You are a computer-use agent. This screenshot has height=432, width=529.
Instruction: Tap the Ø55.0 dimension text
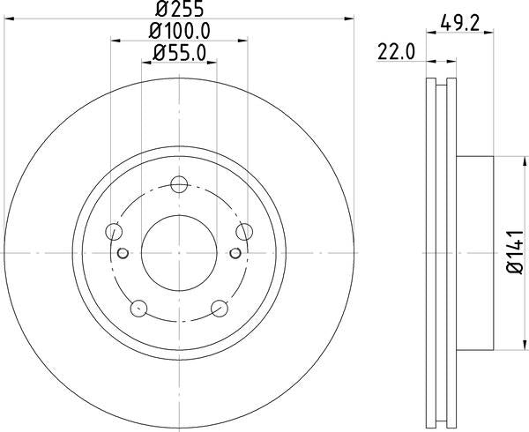pyautogui.click(x=179, y=53)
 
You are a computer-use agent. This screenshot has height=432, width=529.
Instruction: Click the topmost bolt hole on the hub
pyautogui.click(x=179, y=184)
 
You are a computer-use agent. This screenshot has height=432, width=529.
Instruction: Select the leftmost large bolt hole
pyautogui.click(x=113, y=232)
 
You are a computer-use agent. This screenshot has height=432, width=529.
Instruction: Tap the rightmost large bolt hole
pyautogui.click(x=244, y=232)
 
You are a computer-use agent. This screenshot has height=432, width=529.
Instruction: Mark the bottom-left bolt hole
pyautogui.click(x=138, y=309)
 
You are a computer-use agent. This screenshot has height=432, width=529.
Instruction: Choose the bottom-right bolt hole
pyautogui.click(x=220, y=309)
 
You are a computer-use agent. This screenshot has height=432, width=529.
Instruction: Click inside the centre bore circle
pyautogui.click(x=179, y=253)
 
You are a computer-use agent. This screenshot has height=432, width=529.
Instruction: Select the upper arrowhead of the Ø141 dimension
pyautogui.click(x=510, y=160)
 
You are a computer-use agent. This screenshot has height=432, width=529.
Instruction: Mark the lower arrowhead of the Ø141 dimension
pyautogui.click(x=510, y=346)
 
